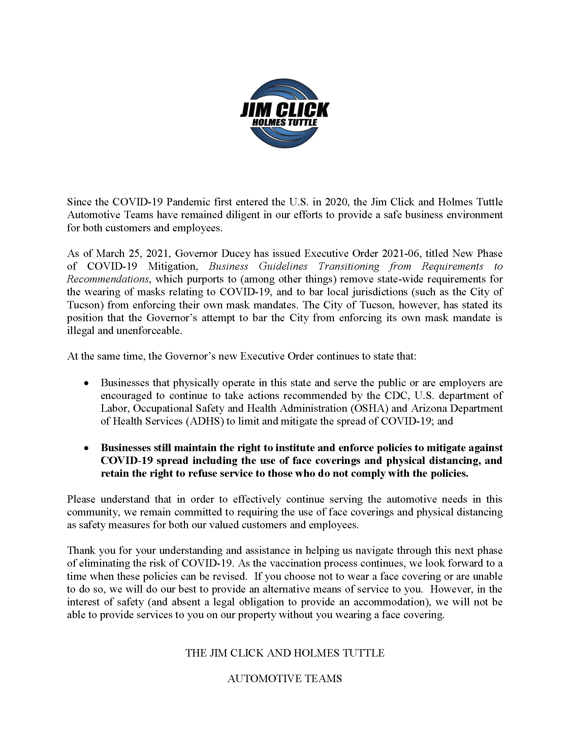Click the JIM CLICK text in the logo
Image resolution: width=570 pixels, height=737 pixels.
[x=284, y=110]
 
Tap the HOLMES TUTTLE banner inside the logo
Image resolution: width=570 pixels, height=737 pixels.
[x=285, y=122]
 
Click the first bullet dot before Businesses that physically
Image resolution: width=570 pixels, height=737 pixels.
[x=87, y=383]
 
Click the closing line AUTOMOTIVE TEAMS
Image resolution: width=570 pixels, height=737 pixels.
[x=285, y=679]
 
